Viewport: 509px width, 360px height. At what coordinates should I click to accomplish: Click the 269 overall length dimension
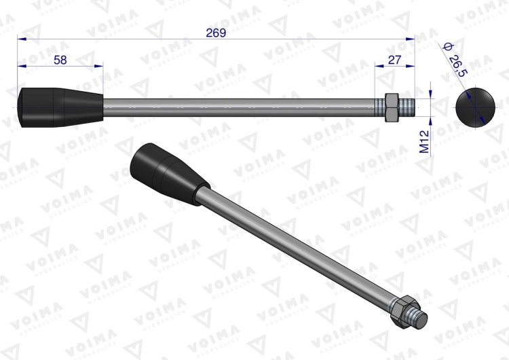[215, 32]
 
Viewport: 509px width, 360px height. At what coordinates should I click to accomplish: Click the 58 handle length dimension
[60, 60]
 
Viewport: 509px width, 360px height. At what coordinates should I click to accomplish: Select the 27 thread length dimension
[394, 60]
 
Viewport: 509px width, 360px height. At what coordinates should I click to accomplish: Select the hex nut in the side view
[391, 107]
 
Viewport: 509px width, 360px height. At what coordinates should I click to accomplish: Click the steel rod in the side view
[238, 107]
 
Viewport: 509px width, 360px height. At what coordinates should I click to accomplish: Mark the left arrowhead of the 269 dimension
[22, 39]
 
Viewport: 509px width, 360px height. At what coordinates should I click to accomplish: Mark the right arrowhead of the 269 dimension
[410, 39]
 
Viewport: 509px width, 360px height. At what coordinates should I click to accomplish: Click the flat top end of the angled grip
[143, 156]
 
